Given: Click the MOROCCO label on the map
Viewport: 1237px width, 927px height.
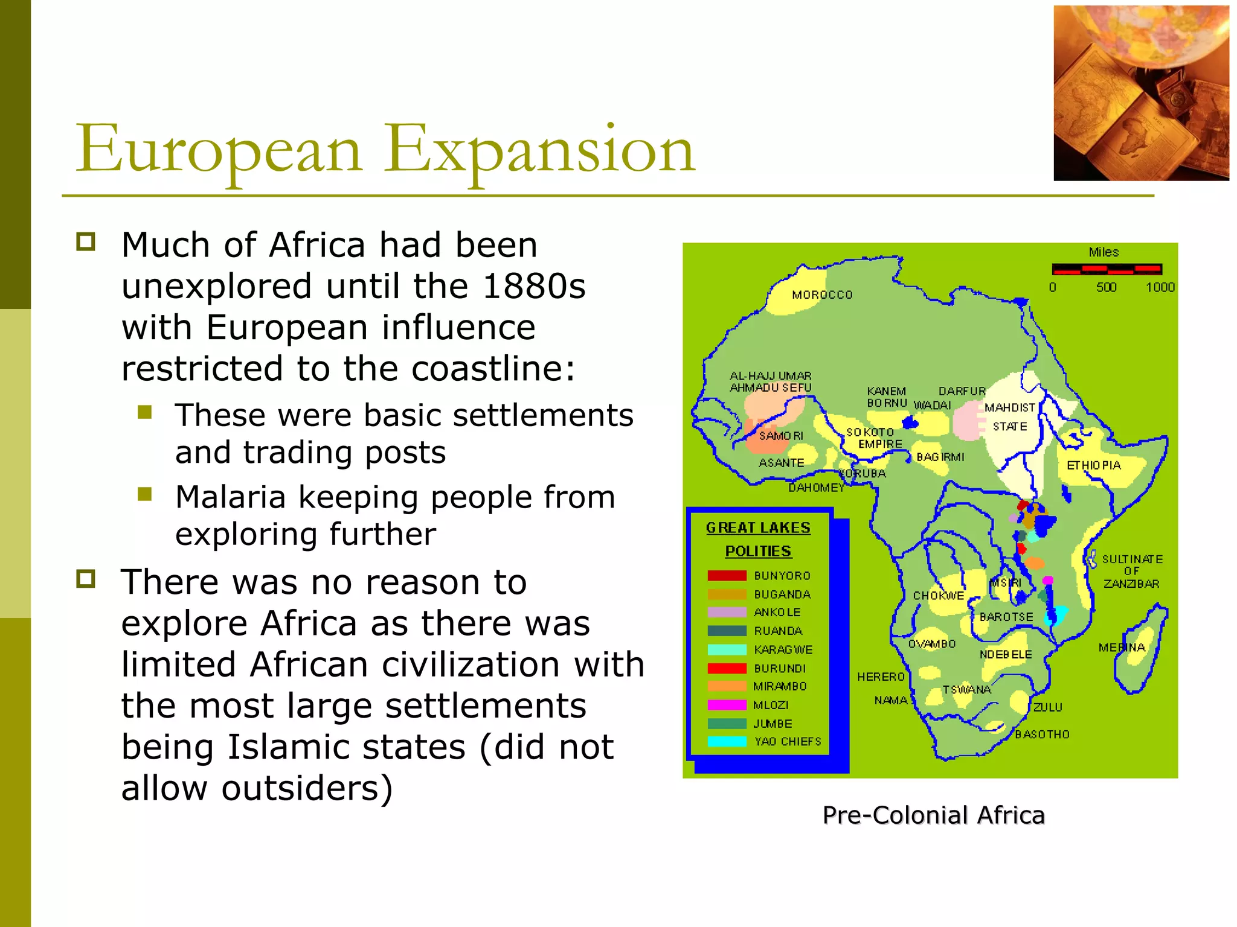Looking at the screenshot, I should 822,295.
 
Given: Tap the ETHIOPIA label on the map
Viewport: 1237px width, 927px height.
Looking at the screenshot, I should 1093,465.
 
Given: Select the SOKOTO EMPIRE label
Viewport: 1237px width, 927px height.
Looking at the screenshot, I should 873,438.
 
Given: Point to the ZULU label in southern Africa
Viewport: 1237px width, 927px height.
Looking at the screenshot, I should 1047,707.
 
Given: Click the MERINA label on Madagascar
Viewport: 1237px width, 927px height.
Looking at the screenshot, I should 1122,648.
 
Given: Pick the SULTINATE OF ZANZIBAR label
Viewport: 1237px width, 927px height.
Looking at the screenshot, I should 1131,572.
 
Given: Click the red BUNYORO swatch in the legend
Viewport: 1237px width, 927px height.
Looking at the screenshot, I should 727,576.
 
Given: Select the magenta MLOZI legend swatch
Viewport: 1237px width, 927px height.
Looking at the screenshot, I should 727,705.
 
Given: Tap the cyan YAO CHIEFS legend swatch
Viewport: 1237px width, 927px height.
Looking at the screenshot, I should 727,742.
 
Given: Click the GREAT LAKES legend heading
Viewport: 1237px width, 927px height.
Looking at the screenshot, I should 758,528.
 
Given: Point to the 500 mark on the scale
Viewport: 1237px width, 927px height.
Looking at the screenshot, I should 1106,288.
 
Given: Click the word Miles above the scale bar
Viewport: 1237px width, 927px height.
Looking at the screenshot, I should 1104,252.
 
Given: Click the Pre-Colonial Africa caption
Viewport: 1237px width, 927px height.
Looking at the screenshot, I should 933,815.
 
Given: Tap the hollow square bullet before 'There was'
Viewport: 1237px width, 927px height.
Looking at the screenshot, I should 86,579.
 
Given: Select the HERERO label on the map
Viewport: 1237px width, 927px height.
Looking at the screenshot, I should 881,677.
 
